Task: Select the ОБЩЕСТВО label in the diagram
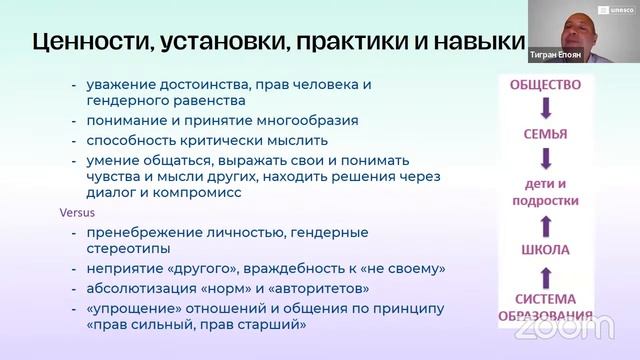(545, 86)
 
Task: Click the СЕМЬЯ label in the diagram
(545, 134)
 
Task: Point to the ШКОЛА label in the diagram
(545, 249)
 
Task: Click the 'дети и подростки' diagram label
(545, 191)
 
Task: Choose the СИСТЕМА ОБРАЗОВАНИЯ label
(545, 308)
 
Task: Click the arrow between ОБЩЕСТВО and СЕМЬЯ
(545, 109)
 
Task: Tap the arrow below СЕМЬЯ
(545, 158)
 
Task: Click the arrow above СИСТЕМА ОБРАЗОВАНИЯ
(545, 275)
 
